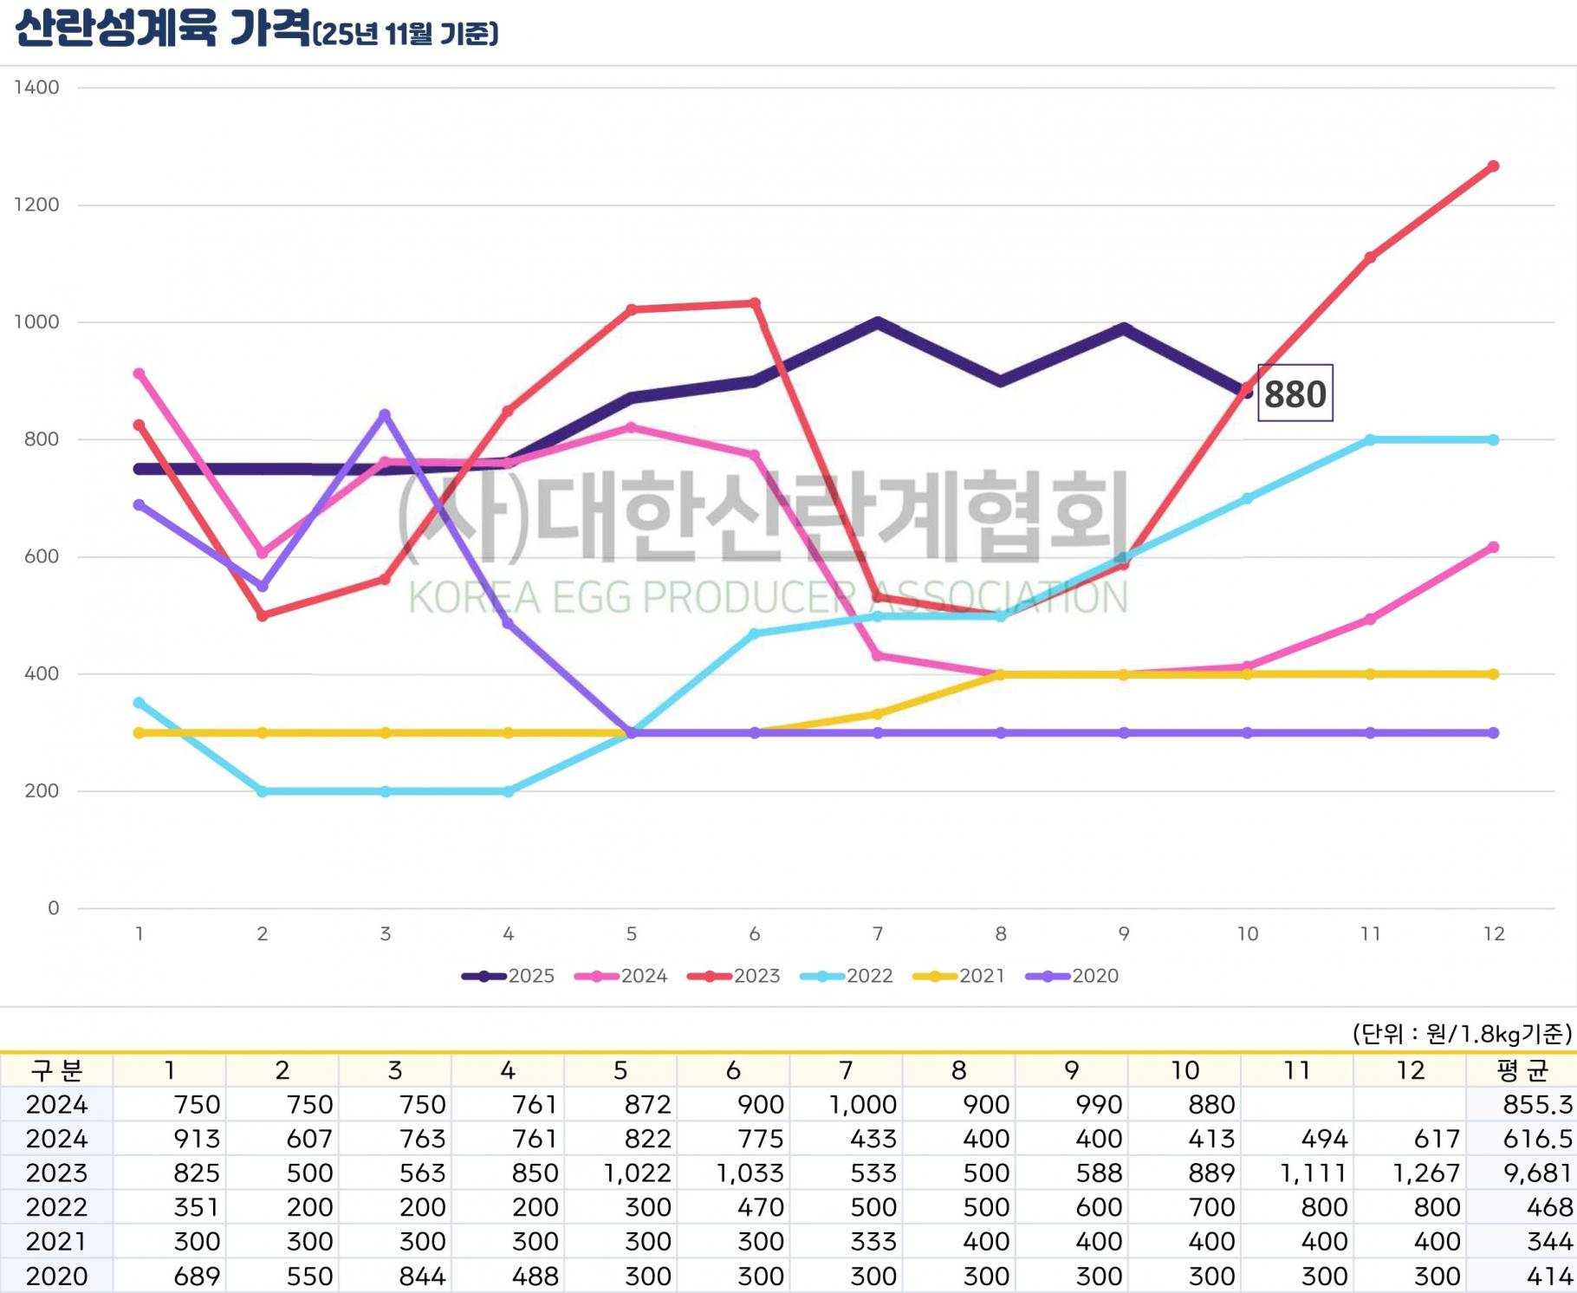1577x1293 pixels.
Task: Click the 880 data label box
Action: tap(1295, 393)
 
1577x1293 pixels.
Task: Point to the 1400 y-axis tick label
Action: tap(36, 88)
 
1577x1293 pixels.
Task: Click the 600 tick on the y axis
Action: tap(42, 556)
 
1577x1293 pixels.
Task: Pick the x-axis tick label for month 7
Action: tap(878, 933)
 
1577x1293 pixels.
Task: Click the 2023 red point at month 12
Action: tap(1493, 166)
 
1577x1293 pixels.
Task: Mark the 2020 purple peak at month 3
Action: tap(386, 414)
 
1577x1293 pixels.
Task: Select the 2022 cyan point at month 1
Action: tap(140, 703)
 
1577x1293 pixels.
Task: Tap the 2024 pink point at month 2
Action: tap(263, 552)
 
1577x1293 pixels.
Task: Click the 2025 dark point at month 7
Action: tap(878, 323)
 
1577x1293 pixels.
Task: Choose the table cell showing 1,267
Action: tap(1425, 1173)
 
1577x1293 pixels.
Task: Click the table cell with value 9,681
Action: tap(1537, 1173)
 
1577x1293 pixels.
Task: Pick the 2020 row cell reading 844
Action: tap(422, 1276)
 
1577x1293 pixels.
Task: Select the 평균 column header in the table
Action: tap(1522, 1070)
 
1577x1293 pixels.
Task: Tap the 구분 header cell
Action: tap(56, 1070)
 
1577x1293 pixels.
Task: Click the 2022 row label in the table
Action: tap(56, 1207)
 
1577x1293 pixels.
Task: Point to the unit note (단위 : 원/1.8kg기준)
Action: tap(1462, 1033)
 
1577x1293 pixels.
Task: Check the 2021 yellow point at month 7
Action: tap(878, 714)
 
